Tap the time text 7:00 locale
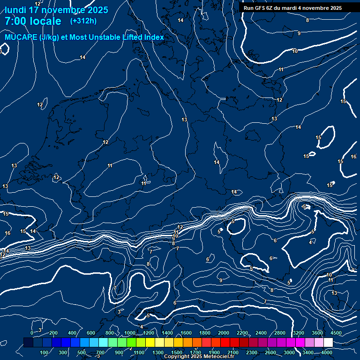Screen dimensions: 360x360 point(33,21)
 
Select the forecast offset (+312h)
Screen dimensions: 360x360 point(83,21)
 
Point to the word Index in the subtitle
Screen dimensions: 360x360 point(152,37)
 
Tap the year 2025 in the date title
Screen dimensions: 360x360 point(95,10)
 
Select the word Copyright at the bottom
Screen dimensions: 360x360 point(178,357)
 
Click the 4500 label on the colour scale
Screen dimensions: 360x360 point(336,333)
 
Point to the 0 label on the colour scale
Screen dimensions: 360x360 point(32,333)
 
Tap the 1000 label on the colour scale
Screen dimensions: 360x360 point(130,333)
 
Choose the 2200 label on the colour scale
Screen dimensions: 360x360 point(242,333)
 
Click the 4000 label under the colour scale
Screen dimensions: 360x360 point(327,352)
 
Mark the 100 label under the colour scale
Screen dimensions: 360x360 point(44,352)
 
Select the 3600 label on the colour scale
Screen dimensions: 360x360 point(317,333)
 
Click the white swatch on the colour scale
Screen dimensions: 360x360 point(328,343)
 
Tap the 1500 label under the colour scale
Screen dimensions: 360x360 point(177,352)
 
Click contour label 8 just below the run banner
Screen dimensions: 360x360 point(307,20)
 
